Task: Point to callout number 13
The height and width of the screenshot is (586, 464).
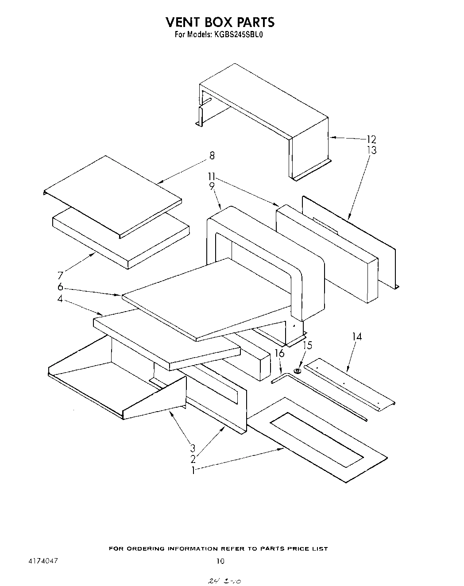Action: click(371, 150)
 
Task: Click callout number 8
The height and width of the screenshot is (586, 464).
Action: click(212, 156)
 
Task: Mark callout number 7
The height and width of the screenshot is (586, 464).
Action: click(60, 276)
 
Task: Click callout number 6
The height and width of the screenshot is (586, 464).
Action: click(60, 287)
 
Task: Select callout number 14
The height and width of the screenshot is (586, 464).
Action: click(357, 337)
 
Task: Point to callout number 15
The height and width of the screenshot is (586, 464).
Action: click(307, 345)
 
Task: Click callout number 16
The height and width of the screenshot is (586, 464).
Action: click(279, 353)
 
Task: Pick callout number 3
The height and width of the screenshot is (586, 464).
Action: click(193, 448)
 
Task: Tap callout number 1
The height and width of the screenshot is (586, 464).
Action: click(193, 470)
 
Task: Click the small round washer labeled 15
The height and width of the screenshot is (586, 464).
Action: click(298, 370)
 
